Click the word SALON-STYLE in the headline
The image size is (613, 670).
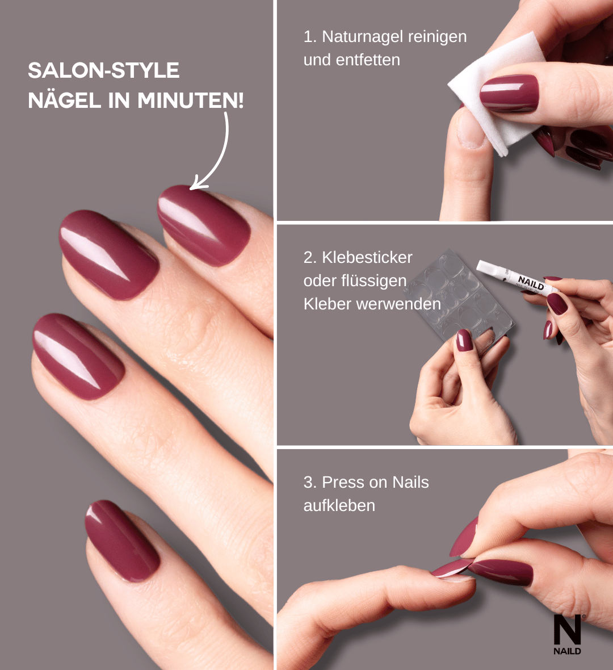point(103,70)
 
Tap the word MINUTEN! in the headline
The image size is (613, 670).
point(191,101)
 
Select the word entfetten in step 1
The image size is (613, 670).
point(368,60)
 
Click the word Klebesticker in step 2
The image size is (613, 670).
point(367,257)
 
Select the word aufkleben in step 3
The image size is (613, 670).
point(339,505)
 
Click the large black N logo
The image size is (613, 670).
point(567,630)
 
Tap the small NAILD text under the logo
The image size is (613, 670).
point(567,651)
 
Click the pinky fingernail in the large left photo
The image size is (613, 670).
point(121,541)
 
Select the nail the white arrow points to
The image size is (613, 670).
point(203,225)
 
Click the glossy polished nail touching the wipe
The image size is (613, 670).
point(509,94)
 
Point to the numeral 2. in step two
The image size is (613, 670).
point(310,257)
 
